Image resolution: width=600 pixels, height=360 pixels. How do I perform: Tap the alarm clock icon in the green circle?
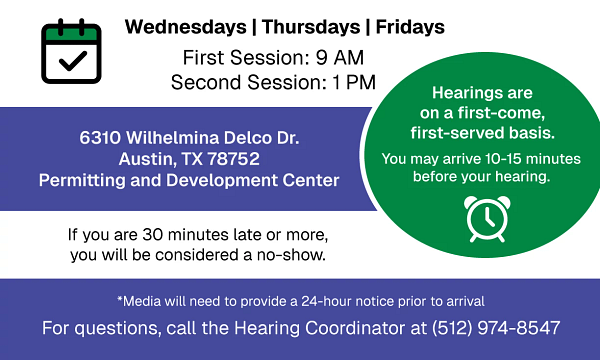(483, 219)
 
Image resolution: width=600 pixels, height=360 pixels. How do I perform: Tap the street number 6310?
(100, 137)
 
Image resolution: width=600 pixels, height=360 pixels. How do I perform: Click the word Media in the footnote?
(144, 301)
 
